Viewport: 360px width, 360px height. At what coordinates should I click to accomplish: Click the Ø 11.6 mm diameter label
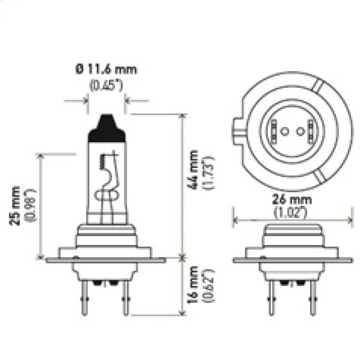tap(106, 69)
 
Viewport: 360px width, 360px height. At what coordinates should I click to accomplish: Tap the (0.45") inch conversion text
tap(106, 85)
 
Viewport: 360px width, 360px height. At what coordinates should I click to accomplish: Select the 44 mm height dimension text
tap(193, 170)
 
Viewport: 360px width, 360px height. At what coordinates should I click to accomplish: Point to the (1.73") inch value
tap(208, 172)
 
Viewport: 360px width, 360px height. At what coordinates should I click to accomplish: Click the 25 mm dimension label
tap(15, 206)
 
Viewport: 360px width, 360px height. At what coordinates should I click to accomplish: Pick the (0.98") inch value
tap(31, 205)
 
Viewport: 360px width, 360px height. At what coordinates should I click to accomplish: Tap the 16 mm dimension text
tap(193, 285)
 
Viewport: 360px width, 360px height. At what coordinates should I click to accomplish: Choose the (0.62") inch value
tap(208, 286)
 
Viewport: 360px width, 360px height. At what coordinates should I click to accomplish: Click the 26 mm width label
tap(292, 200)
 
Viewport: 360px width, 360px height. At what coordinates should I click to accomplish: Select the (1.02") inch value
tap(291, 212)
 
